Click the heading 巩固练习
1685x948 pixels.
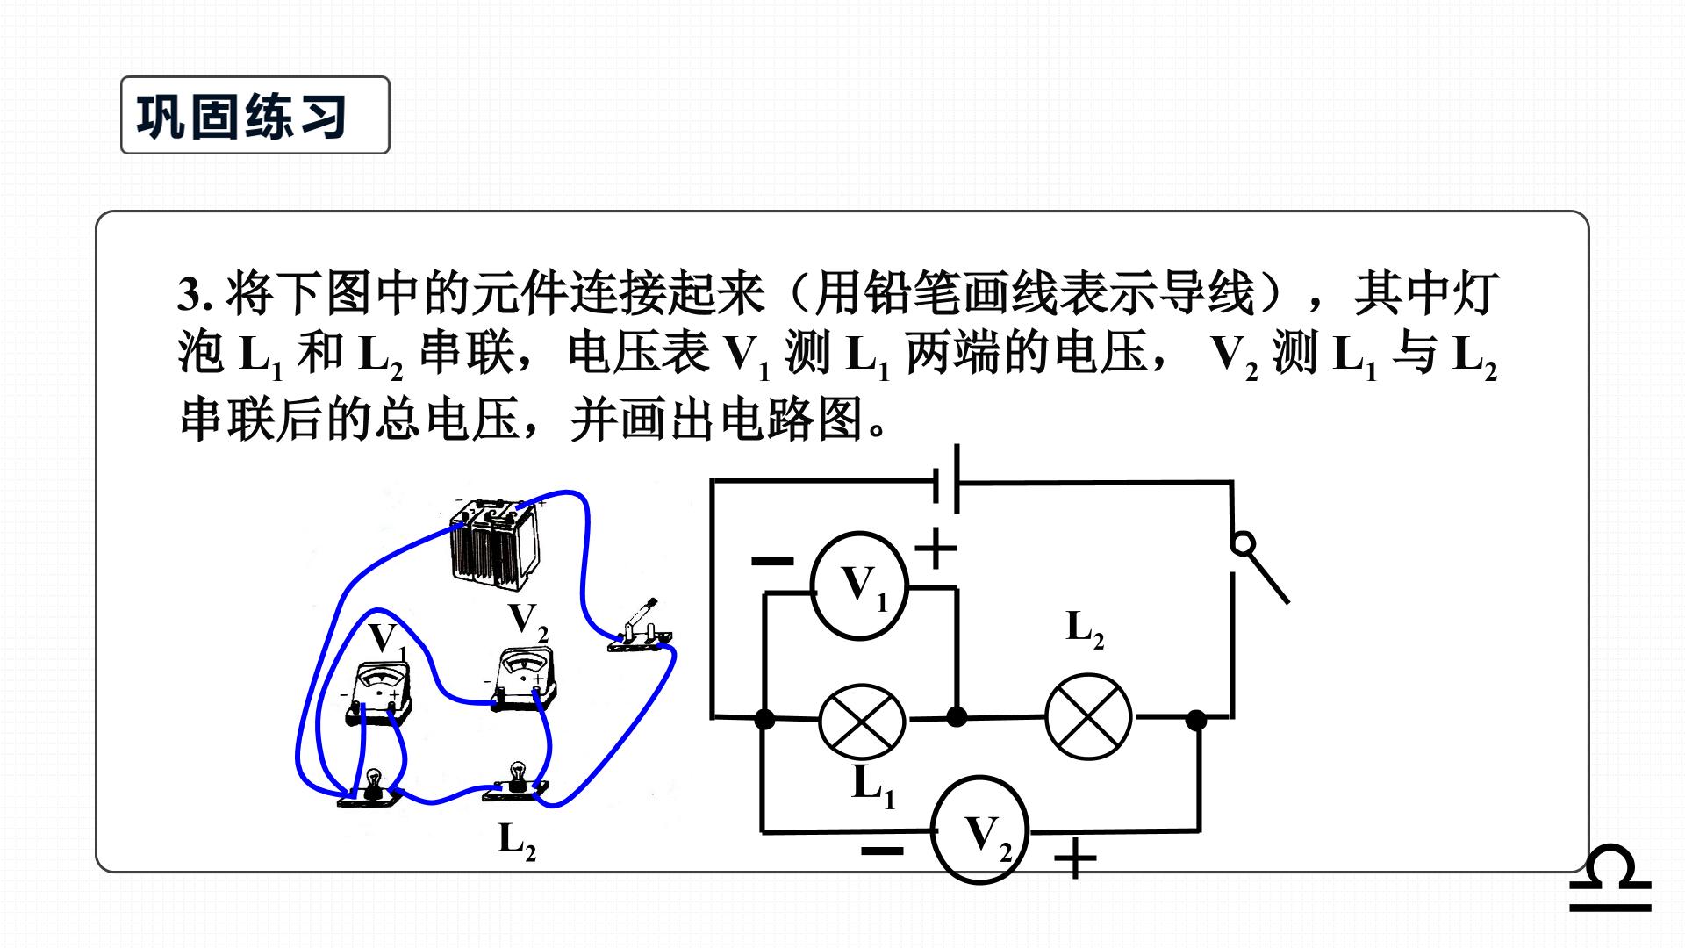coord(242,116)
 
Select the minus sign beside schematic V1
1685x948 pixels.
coord(773,561)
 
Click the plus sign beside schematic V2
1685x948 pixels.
coord(1075,858)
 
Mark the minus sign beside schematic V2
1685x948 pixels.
coord(882,851)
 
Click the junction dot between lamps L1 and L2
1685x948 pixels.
coord(957,717)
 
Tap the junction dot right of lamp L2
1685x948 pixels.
coord(1196,721)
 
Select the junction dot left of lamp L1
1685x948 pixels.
coord(764,720)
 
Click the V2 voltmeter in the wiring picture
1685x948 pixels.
coord(525,679)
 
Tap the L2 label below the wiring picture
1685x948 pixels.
coord(517,839)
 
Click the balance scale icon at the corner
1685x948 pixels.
coord(1610,879)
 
